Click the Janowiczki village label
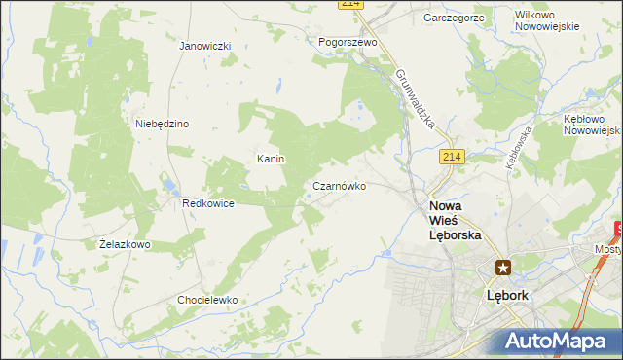(x=204, y=46)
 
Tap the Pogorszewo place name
(x=348, y=42)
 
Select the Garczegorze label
(x=454, y=18)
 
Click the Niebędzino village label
(x=162, y=124)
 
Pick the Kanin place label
(x=270, y=158)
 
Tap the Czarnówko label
(x=339, y=186)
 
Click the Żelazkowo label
(x=125, y=244)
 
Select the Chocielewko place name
(x=207, y=300)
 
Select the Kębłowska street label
(x=517, y=147)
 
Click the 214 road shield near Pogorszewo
(x=351, y=5)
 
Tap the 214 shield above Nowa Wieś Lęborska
(x=450, y=157)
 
